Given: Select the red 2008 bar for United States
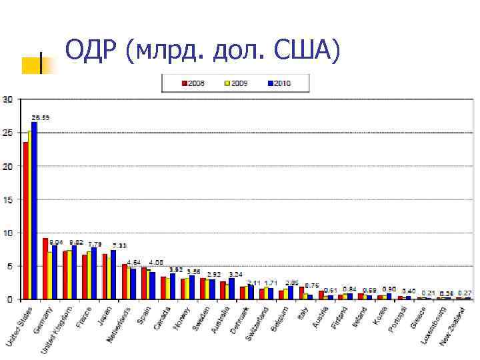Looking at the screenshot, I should pyautogui.click(x=26, y=221).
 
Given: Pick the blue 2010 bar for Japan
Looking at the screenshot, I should pyautogui.click(x=113, y=275).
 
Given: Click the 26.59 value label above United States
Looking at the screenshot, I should pyautogui.click(x=40, y=117).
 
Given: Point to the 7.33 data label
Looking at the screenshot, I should pyautogui.click(x=120, y=245).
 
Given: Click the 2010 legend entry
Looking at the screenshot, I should pyautogui.click(x=279, y=83).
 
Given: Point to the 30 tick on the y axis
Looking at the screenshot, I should pyautogui.click(x=7, y=100).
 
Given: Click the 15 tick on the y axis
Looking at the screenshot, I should pyautogui.click(x=7, y=200).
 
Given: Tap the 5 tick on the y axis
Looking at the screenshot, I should pyautogui.click(x=9, y=266).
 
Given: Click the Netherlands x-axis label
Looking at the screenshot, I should pyautogui.click(x=119, y=325).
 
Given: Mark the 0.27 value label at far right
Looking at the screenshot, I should pyautogui.click(x=465, y=293).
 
